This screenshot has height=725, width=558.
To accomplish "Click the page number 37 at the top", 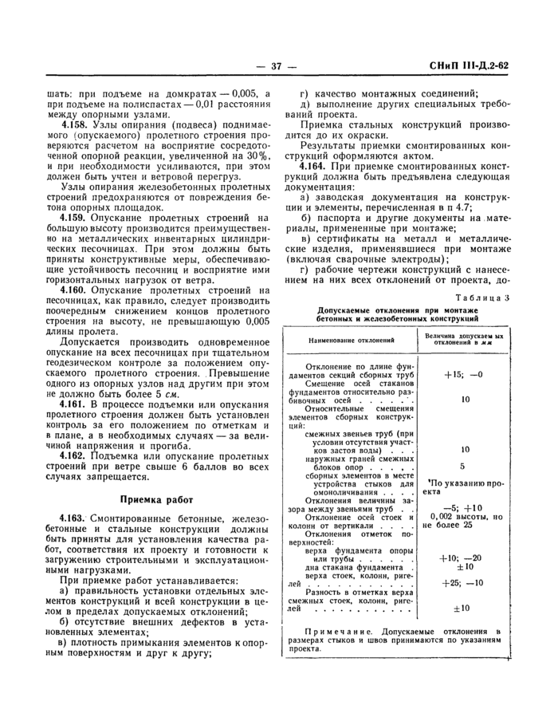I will click(x=278, y=66).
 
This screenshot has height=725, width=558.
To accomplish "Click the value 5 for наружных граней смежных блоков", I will click(x=462, y=467).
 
